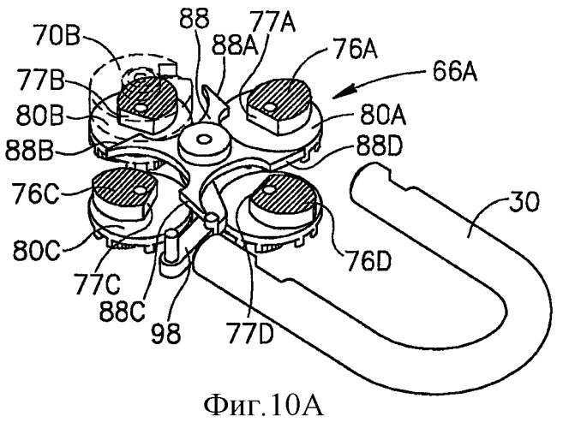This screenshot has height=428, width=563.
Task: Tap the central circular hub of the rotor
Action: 205,140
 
